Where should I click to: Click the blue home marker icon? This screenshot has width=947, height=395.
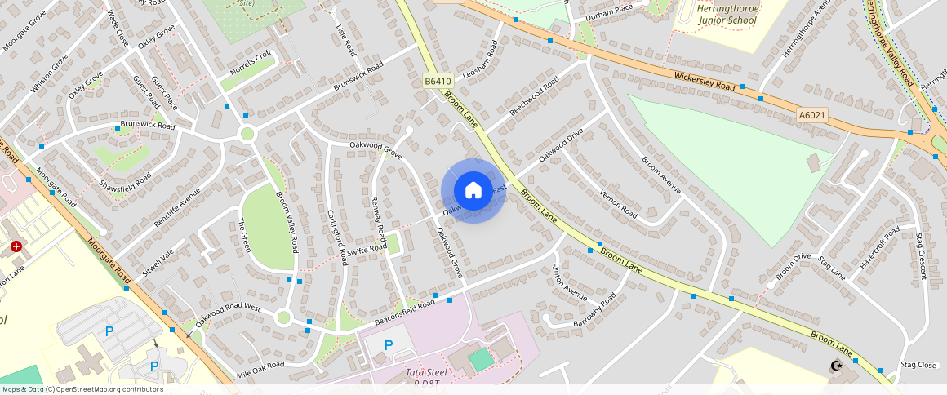473,191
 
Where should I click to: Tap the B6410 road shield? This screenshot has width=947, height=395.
438,81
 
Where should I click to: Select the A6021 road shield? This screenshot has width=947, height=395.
812,116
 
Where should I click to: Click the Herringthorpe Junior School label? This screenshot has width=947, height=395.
729,14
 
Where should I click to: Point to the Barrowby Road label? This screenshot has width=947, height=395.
598,311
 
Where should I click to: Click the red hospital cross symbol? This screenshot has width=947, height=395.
16,246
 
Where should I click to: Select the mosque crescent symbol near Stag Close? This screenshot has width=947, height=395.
834,365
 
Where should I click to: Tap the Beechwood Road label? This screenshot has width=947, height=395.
534,96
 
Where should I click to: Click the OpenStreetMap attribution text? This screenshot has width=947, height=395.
82,389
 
